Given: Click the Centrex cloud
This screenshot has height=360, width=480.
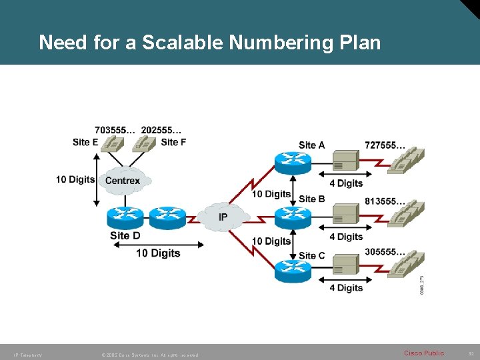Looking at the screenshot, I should [x=123, y=181].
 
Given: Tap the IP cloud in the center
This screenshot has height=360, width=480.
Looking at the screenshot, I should [x=223, y=217].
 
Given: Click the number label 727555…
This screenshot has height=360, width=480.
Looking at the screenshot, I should [x=385, y=145].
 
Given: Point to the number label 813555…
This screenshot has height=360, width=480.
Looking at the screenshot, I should [x=385, y=201].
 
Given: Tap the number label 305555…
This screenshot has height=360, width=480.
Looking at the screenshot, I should [x=385, y=252].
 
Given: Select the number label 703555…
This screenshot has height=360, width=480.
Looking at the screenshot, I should [x=115, y=130].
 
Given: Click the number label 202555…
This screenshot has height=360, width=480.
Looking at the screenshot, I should [x=161, y=130].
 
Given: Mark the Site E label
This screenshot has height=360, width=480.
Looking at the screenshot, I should [x=85, y=142].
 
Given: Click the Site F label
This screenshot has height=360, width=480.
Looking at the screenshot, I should [x=173, y=142].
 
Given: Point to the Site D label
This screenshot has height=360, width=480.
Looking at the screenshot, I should [x=125, y=235].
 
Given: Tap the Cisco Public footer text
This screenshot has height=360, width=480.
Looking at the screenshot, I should [x=423, y=353].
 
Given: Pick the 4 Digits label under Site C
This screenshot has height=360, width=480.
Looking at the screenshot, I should [x=346, y=288].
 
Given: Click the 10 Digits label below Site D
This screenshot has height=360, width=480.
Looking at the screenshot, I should [x=158, y=253].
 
